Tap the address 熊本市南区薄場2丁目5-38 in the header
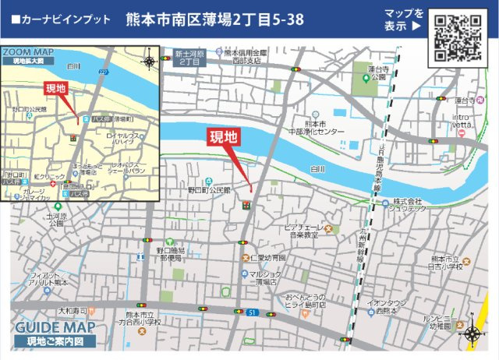(215, 19)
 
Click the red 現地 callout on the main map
(222, 138)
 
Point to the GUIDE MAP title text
(55, 327)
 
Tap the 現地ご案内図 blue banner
(55, 341)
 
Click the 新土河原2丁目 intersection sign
(189, 58)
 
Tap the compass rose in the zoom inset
(149, 61)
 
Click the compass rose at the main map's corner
(472, 334)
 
